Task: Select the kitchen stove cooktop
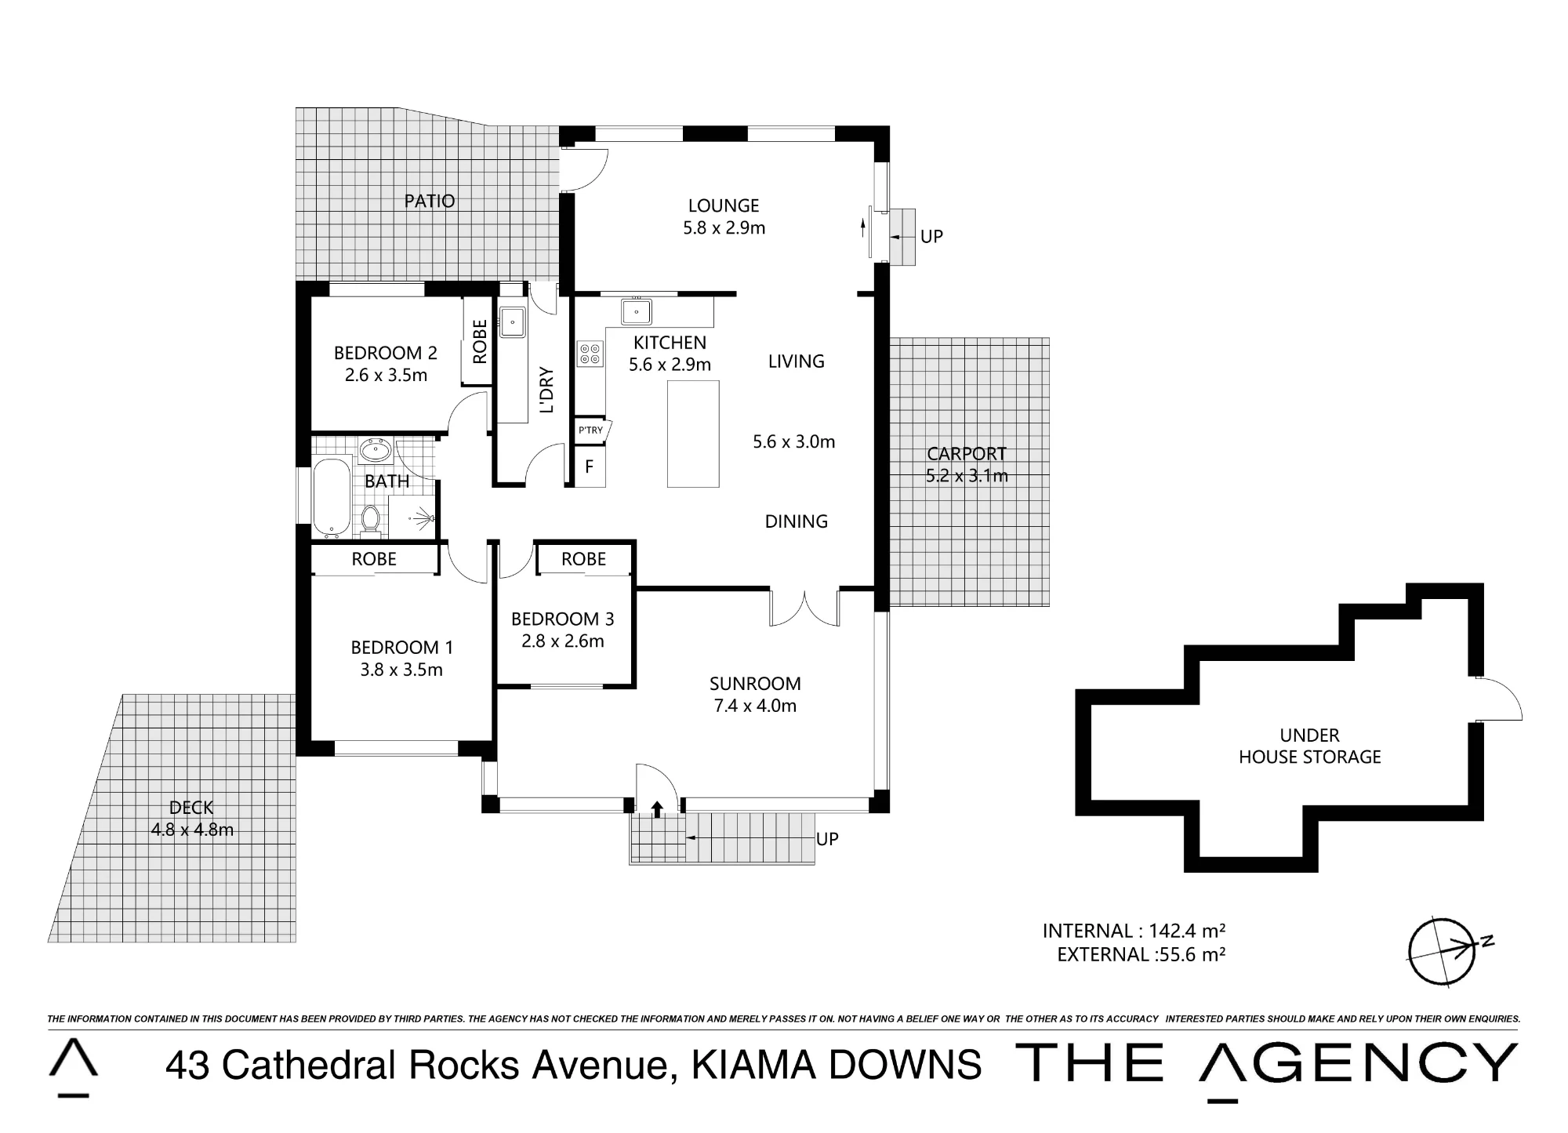590,353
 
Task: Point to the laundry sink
513,321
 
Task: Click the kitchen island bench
693,434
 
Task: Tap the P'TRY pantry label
590,430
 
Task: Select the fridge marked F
589,467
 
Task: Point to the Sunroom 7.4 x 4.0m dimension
755,706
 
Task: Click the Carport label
967,453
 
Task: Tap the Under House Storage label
1309,746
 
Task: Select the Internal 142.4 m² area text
1134,931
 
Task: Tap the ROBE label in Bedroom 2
480,341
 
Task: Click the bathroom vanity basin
376,451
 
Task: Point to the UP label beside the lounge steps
931,236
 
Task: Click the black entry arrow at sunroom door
657,808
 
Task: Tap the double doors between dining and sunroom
804,608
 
